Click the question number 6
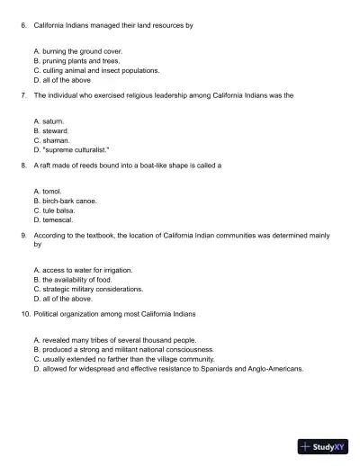pyautogui.click(x=23, y=26)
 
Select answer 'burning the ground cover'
pyautogui.click(x=76, y=52)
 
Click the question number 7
pyautogui.click(x=23, y=94)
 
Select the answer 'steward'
pyautogui.click(x=55, y=130)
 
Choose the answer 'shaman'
pyautogui.click(x=55, y=139)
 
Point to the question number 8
pyautogui.click(x=23, y=166)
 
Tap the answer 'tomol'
pyautogui.click(x=51, y=192)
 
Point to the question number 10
pyautogui.click(x=25, y=314)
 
